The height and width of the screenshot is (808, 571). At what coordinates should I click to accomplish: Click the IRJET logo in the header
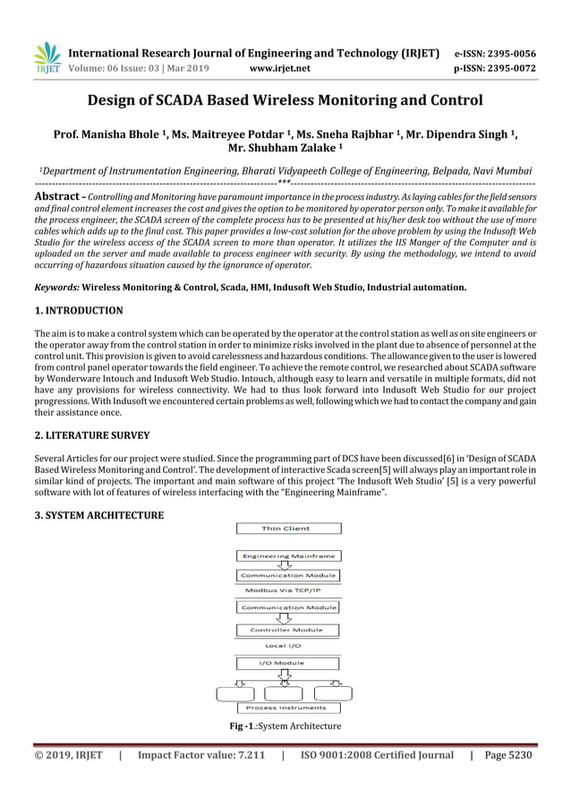47,57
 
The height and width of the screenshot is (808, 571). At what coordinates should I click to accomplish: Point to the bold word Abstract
59,195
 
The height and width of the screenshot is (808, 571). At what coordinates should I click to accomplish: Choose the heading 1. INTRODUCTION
79,311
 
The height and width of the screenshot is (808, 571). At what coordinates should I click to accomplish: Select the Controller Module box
287,630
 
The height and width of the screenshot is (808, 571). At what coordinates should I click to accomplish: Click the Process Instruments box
286,708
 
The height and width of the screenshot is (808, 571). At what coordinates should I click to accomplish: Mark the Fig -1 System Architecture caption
285,726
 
